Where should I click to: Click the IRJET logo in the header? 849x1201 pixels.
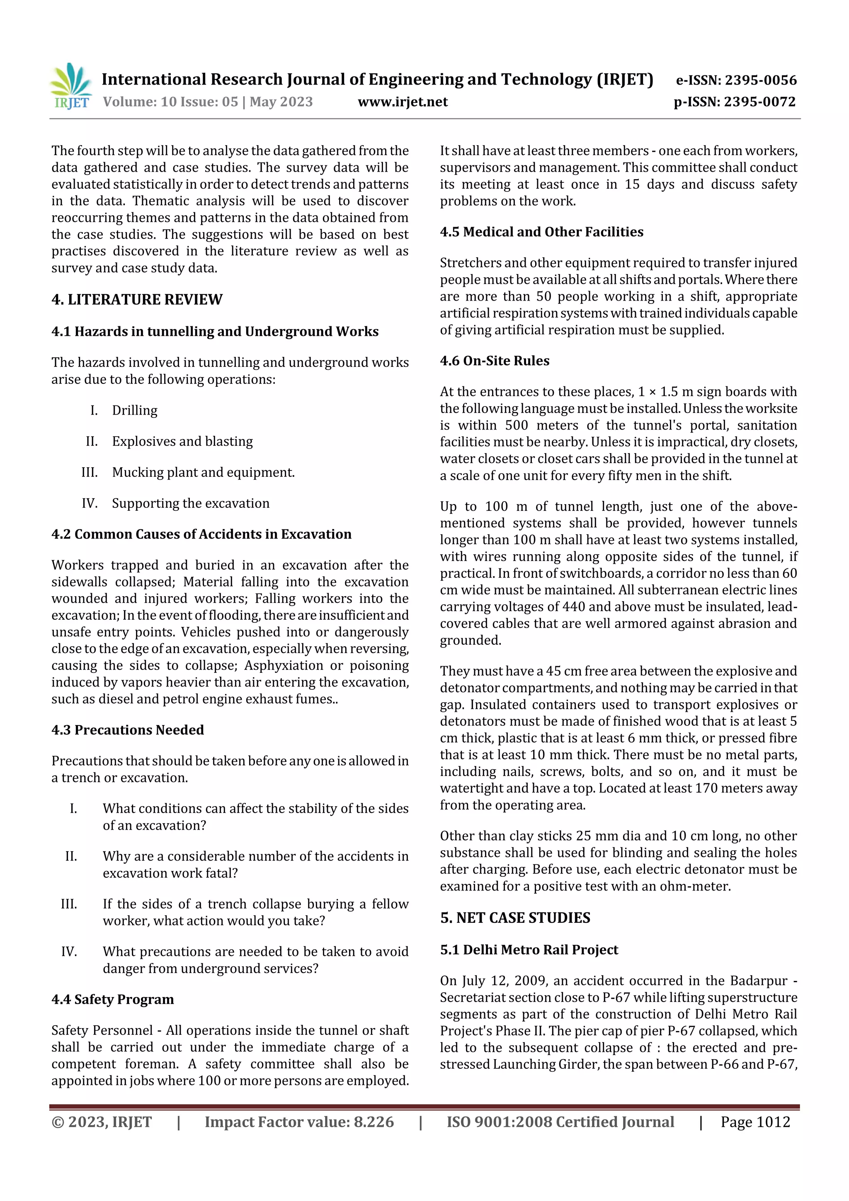pos(72,86)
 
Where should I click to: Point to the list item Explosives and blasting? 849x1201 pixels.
pos(182,441)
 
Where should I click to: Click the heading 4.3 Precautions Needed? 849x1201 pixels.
pos(128,730)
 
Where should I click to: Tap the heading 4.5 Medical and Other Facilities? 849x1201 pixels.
pos(541,232)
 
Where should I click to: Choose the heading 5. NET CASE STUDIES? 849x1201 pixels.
pos(515,917)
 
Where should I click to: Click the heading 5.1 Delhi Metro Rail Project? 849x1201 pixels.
pos(529,949)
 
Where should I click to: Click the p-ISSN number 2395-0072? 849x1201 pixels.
pos(759,102)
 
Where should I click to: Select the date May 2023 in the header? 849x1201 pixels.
pos(281,102)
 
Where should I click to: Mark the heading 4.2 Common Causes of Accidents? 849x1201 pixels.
pos(201,534)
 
